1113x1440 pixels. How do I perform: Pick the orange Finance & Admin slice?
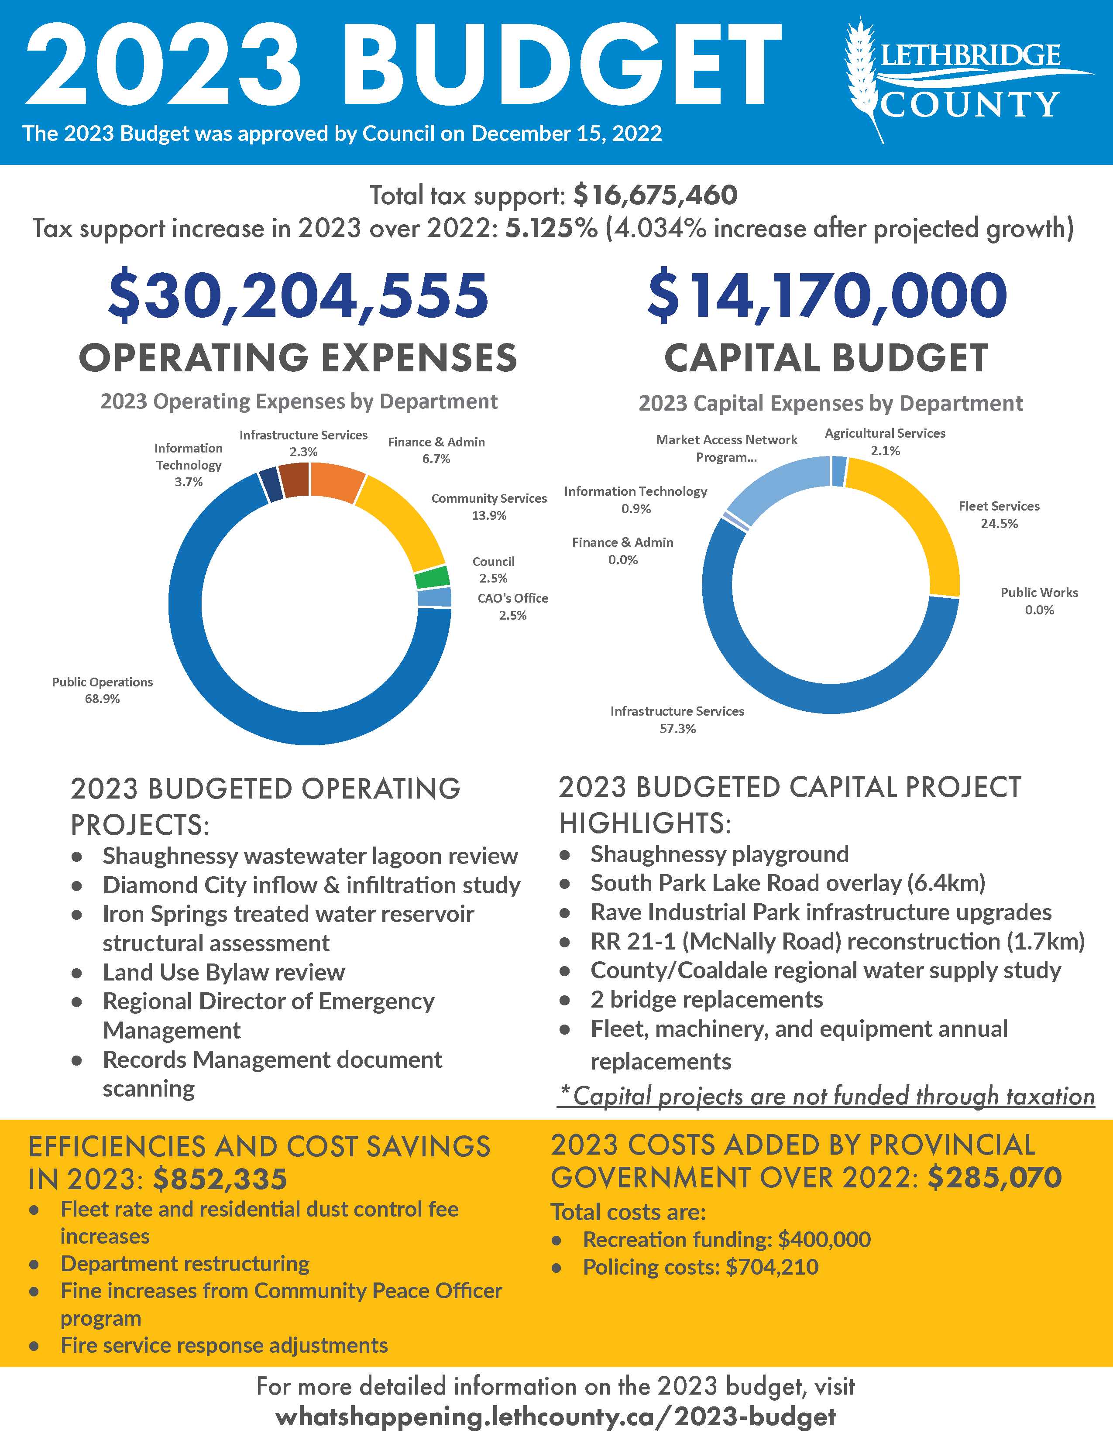[x=336, y=481]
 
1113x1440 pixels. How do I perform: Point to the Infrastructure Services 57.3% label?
[x=677, y=719]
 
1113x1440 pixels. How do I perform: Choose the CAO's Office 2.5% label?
[x=512, y=607]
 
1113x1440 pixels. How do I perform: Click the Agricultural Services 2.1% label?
[x=885, y=442]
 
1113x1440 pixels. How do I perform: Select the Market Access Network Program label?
[x=726, y=448]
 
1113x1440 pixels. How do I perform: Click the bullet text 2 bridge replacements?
[x=706, y=1000]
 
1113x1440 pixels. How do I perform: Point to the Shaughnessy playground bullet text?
[x=719, y=854]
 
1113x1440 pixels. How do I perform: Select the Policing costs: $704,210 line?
[x=700, y=1267]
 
